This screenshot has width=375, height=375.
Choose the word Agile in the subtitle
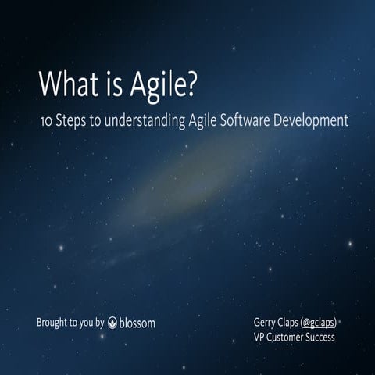[205, 122]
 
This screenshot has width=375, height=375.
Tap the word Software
[252, 122]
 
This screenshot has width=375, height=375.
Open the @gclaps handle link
[323, 321]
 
